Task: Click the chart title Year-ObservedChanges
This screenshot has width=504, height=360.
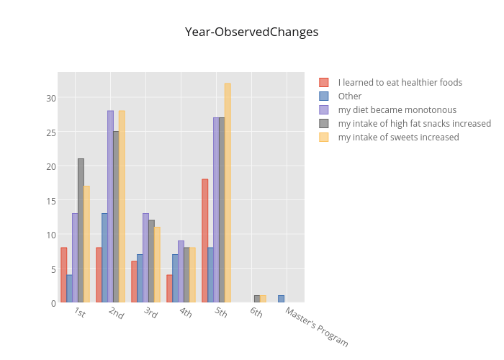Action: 251,32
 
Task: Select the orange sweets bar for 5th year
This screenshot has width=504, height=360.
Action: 228,193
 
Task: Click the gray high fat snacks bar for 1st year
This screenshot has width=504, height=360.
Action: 81,230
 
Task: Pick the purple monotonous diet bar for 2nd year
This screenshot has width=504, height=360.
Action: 110,207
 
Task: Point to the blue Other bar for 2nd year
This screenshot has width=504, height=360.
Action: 104,258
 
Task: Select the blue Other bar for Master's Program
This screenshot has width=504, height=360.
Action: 281,299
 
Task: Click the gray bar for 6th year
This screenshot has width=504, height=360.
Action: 257,299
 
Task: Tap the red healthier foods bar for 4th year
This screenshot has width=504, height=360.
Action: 169,289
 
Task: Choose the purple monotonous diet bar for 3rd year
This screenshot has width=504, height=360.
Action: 145,258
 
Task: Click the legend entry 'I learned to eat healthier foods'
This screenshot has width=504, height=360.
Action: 400,82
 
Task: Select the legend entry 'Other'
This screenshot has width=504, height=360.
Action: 350,96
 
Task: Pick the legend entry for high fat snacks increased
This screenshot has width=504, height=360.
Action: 414,123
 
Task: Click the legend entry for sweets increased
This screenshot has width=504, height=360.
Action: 398,137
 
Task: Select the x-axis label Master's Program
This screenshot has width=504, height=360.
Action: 316,327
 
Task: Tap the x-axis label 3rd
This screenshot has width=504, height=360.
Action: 150,312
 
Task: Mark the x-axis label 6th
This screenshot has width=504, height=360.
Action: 256,312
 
